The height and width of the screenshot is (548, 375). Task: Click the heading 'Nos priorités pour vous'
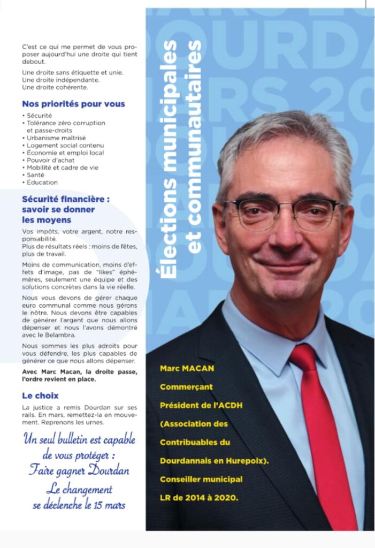(x=73, y=104)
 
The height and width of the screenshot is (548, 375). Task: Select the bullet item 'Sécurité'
(x=39, y=116)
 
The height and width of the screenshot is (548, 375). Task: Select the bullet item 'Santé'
(x=36, y=175)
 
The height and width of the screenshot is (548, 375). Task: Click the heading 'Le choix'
(x=41, y=395)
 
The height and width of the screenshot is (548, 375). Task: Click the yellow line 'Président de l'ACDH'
(x=201, y=405)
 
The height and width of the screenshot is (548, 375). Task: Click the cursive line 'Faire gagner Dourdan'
(x=79, y=471)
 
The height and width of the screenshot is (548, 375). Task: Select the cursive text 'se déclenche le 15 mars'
(x=79, y=505)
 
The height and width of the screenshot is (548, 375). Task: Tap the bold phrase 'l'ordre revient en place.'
(x=59, y=379)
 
